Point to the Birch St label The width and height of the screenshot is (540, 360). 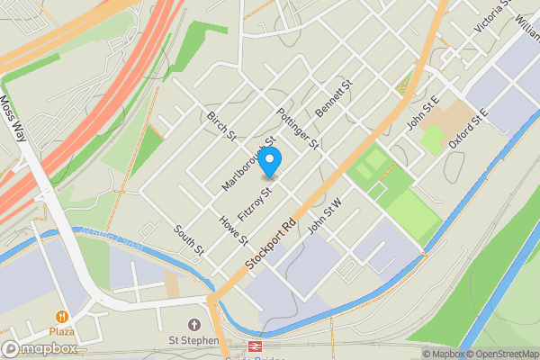point(220,126)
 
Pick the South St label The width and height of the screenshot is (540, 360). point(190,238)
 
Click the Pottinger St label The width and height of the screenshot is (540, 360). point(299,127)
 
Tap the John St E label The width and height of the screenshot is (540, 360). point(422,114)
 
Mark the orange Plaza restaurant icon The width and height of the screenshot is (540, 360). point(62,317)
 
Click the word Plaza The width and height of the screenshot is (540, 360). point(62,331)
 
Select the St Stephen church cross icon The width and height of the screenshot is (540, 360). point(193,324)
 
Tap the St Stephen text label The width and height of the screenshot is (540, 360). point(194,340)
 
